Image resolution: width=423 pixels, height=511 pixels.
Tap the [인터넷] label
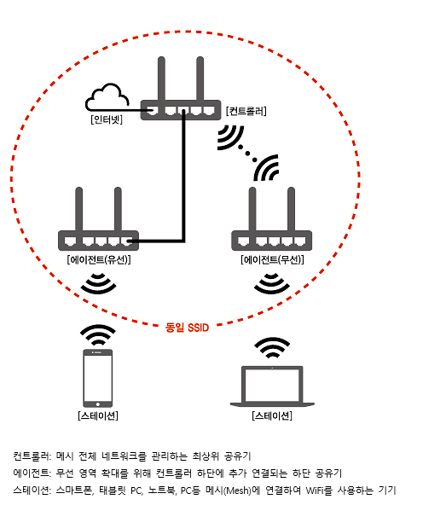(107, 119)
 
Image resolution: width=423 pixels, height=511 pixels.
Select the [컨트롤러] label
(246, 111)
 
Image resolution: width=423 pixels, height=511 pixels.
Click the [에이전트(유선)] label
(99, 259)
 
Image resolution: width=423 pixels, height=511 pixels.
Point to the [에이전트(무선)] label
(272, 259)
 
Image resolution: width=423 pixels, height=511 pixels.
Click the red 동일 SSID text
(187, 327)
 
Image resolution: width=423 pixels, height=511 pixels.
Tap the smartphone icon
(98, 378)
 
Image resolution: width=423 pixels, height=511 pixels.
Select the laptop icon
(272, 386)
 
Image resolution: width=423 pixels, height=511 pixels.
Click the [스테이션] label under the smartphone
(98, 415)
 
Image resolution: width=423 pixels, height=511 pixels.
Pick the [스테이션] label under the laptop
(272, 415)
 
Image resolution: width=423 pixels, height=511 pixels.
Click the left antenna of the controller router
(161, 78)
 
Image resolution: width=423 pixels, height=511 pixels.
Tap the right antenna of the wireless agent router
(292, 209)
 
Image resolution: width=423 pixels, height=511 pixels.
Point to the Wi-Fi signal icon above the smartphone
(98, 334)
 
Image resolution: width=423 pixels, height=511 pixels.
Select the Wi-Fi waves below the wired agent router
(98, 283)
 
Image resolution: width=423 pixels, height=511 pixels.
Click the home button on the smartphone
(98, 404)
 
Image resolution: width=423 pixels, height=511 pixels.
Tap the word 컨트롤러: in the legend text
(32, 456)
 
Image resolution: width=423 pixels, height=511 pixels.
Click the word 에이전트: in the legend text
(32, 473)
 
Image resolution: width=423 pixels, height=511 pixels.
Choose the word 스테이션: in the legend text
(32, 491)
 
